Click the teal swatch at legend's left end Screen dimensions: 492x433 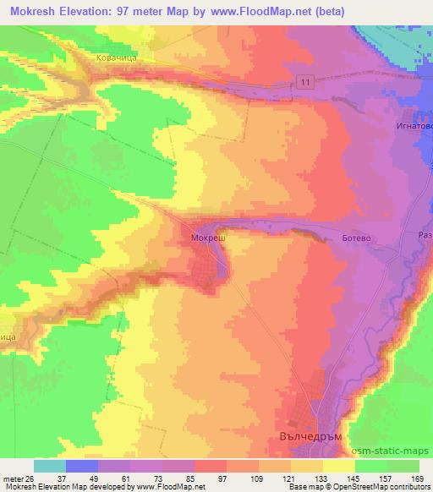[x=50, y=466]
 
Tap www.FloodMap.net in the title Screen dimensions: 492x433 [x=288, y=10]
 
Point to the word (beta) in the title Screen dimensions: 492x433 [x=365, y=10]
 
